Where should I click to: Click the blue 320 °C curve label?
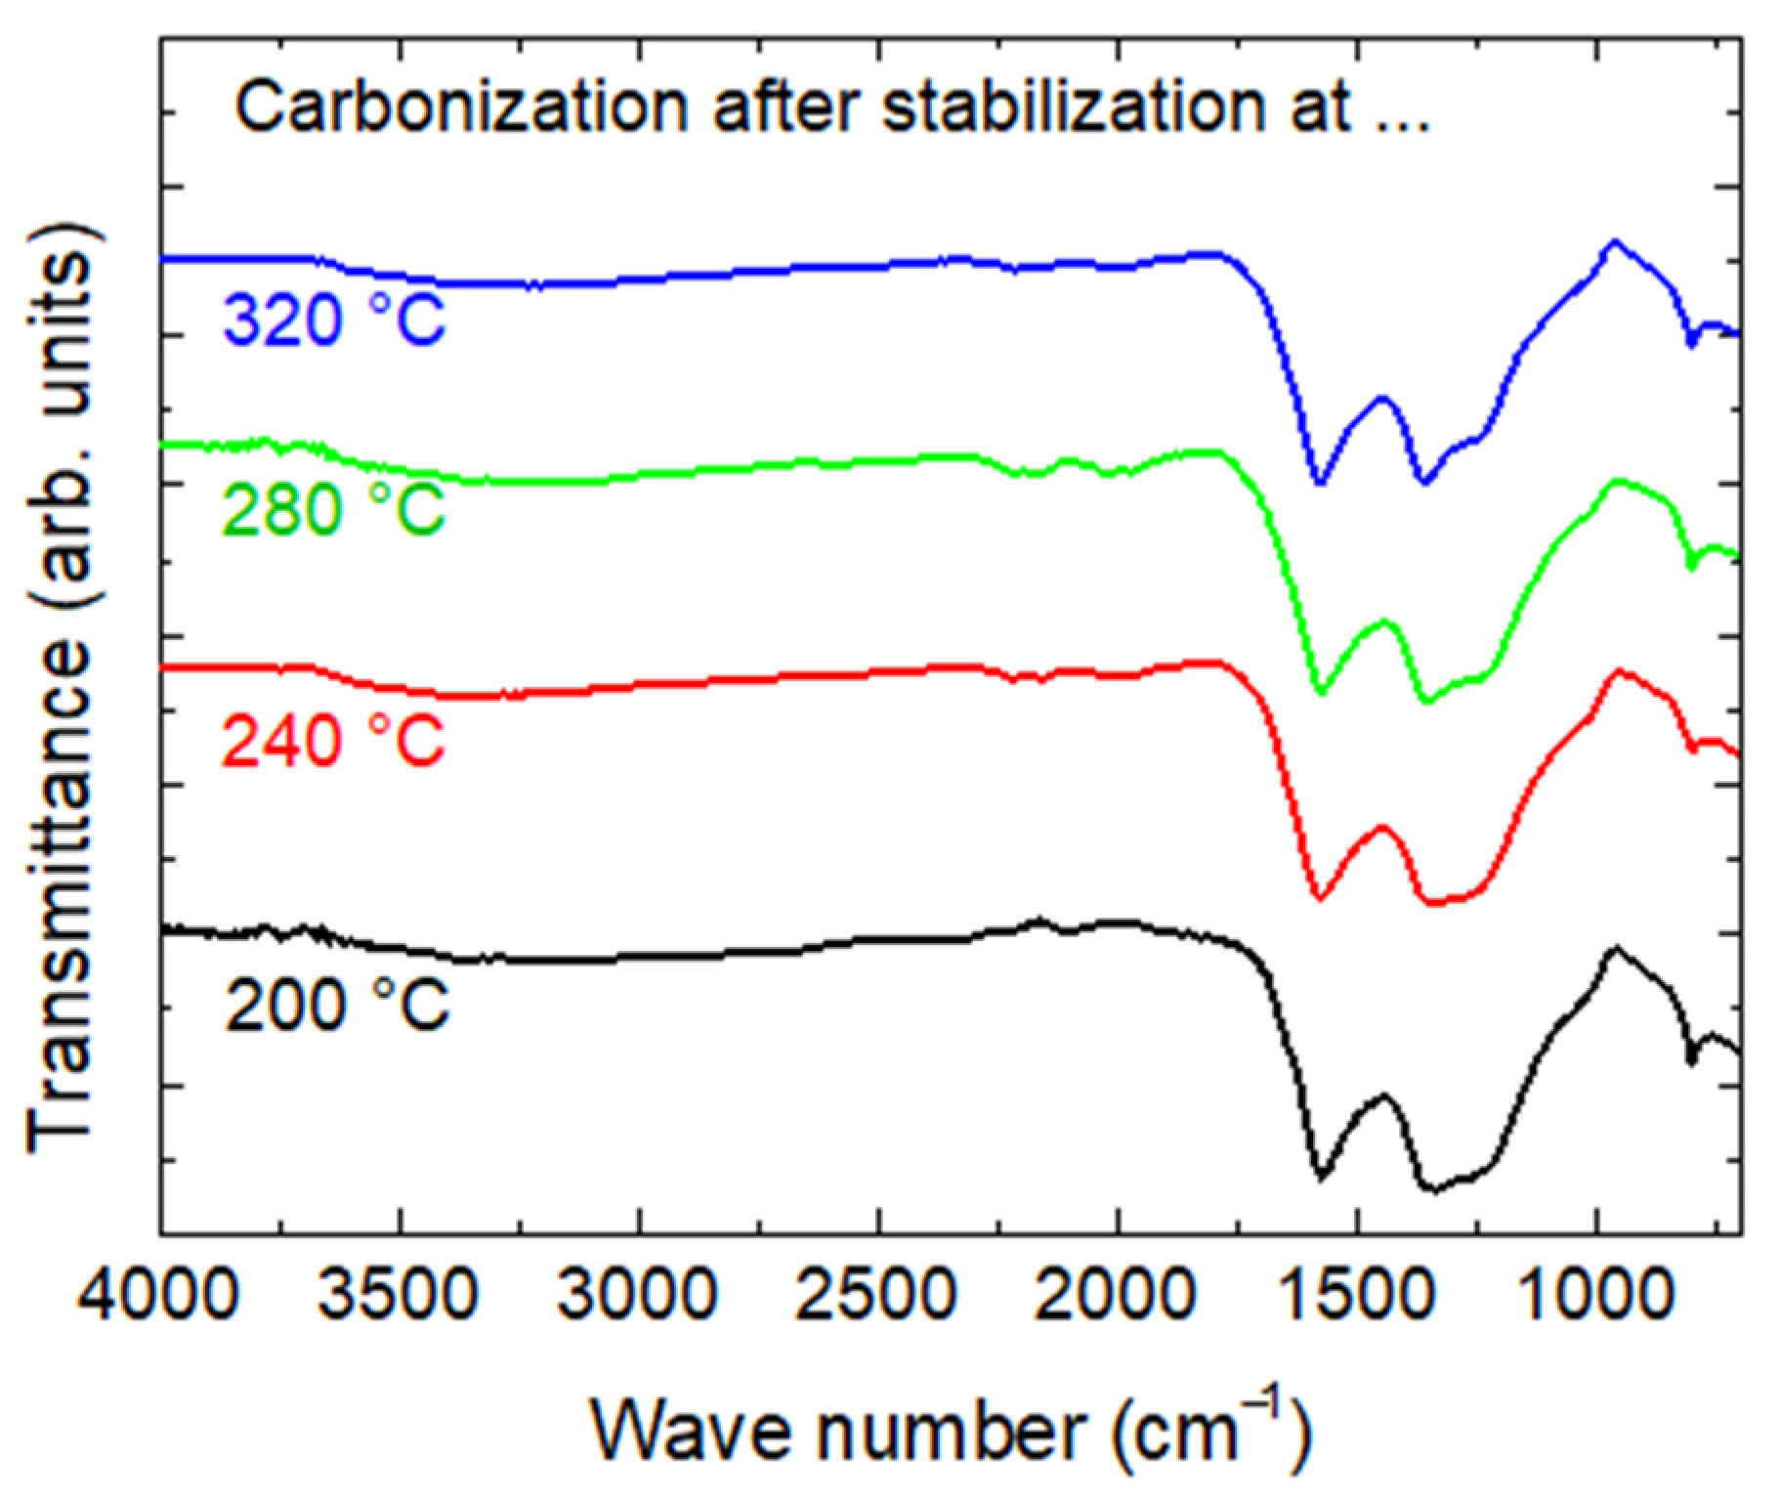(333, 320)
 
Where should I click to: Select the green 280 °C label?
(333, 509)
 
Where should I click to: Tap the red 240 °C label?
(333, 740)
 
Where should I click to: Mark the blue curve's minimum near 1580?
(1320, 482)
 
